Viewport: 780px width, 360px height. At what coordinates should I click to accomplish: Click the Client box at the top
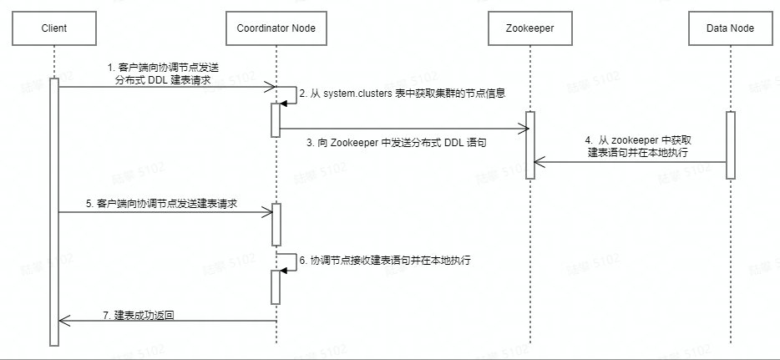[53, 28]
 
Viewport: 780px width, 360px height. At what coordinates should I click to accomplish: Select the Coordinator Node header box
[276, 28]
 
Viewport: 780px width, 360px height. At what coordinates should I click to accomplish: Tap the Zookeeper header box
[530, 28]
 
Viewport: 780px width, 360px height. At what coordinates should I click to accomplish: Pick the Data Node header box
[731, 28]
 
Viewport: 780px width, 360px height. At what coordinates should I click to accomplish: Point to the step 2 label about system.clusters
[403, 94]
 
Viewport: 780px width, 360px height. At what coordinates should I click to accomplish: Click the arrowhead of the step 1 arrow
[271, 86]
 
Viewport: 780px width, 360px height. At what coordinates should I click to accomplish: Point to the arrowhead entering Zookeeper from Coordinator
[525, 129]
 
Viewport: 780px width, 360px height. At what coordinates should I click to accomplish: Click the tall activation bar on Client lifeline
[53, 209]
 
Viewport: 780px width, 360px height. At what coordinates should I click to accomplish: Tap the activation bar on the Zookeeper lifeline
[530, 145]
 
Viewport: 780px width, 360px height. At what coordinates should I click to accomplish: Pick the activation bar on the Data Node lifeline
[731, 145]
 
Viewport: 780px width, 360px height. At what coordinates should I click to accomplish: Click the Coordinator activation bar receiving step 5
[276, 224]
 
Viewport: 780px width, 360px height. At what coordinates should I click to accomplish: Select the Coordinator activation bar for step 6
[276, 286]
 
